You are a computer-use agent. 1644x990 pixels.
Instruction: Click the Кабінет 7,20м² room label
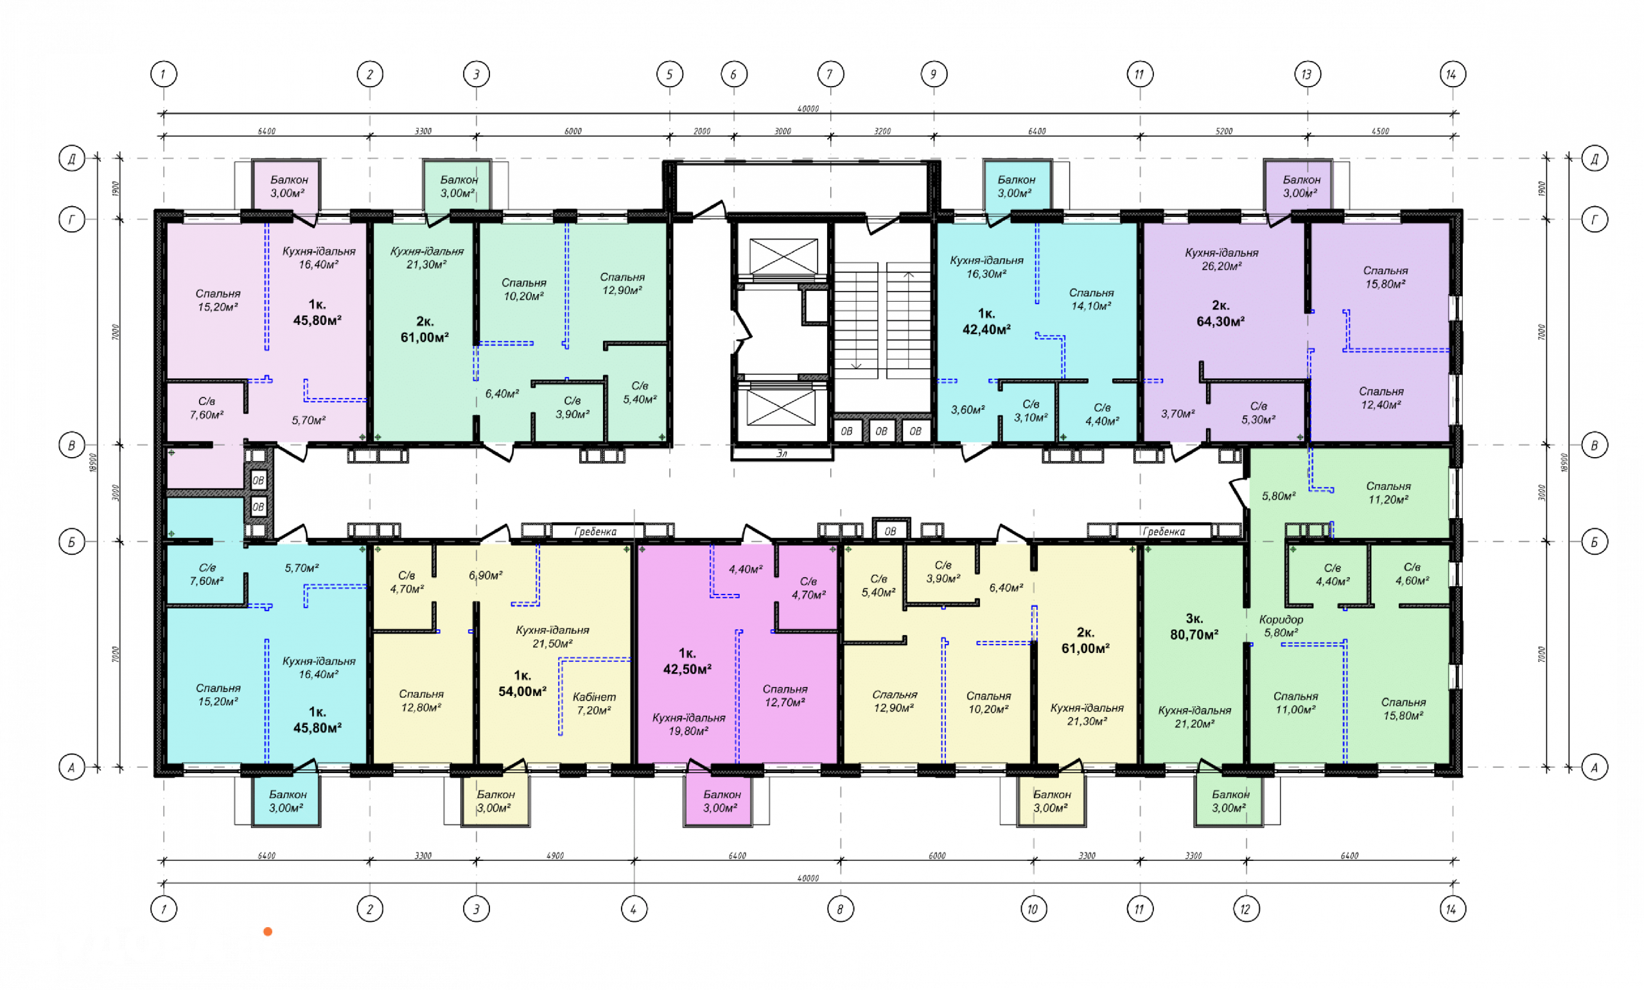[594, 703]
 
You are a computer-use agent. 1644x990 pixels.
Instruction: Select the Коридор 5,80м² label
[1281, 626]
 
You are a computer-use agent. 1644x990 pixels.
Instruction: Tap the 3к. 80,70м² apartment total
[1194, 627]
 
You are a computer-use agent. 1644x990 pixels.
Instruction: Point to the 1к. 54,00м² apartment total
[523, 684]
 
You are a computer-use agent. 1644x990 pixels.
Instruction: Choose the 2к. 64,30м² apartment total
[1220, 313]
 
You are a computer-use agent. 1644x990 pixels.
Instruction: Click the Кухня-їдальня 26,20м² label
[1221, 259]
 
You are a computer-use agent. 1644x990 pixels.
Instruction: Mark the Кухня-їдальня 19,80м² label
[688, 724]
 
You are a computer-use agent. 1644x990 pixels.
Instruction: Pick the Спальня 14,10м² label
[1091, 299]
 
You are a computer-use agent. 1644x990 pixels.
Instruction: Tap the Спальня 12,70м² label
[785, 695]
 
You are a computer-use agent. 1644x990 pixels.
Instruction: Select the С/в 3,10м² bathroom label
[1031, 410]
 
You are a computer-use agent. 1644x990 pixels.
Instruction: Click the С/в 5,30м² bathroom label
[1258, 412]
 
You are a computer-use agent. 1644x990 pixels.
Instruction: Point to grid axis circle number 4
[634, 908]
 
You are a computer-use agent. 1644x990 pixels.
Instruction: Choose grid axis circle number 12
[1246, 908]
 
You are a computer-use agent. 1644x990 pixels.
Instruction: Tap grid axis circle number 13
[1306, 74]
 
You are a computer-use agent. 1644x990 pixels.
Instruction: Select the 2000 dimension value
[702, 132]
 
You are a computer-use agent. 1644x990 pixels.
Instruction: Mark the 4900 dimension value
[555, 855]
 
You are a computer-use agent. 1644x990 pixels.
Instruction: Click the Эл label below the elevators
[782, 454]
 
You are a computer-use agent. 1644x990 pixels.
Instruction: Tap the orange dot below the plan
[268, 932]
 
